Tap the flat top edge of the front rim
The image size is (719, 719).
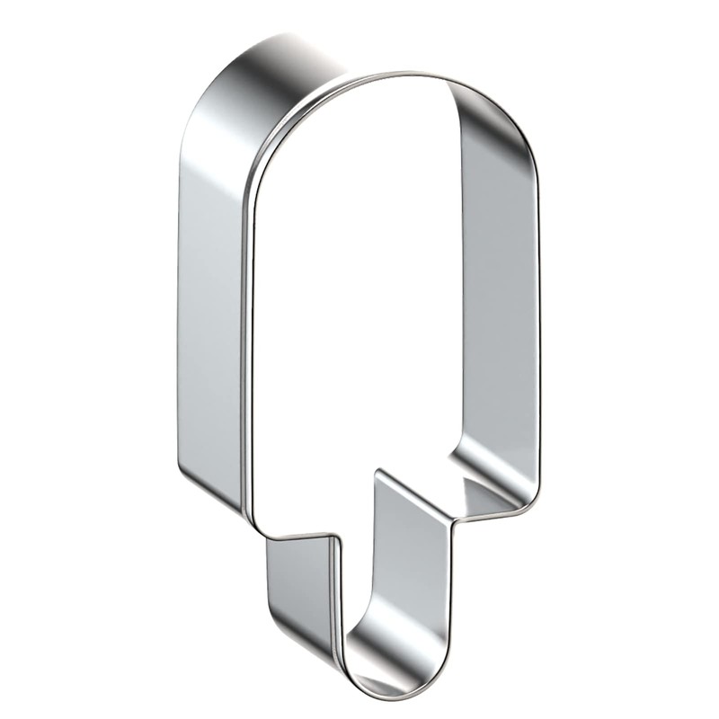386,77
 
